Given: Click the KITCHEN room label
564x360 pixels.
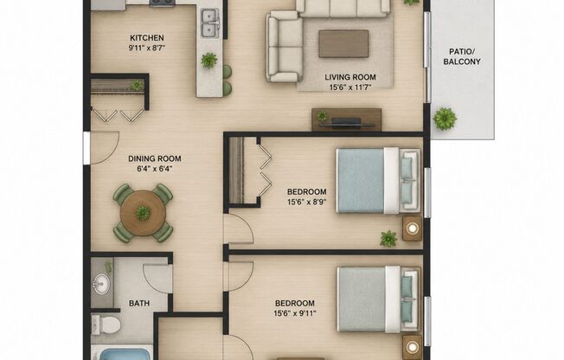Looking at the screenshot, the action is tap(147, 38).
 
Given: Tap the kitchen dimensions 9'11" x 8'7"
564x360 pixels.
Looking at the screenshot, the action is tap(147, 48).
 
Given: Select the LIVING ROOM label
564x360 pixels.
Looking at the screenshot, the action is tap(350, 77).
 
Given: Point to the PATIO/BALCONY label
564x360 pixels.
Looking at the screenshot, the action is tap(462, 56).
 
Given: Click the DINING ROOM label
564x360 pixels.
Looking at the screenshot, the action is tap(155, 158).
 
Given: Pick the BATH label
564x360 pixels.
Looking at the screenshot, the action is tap(139, 304).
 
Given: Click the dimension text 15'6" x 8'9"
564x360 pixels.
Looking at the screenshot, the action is tap(306, 202).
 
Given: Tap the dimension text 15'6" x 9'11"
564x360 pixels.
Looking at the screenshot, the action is tap(295, 313).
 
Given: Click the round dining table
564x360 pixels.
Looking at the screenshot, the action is tap(143, 213).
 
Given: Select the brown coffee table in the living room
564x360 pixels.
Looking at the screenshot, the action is tap(343, 43).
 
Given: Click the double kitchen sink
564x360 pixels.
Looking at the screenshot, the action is tap(209, 23).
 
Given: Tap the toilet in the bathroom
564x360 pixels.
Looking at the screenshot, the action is tap(106, 325).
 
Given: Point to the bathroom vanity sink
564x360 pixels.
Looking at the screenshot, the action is tap(101, 284).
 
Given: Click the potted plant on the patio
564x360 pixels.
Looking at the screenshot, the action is tap(445, 118).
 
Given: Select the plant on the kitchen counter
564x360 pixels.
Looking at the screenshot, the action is tap(209, 61).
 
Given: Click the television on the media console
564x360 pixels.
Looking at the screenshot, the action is tap(346, 123).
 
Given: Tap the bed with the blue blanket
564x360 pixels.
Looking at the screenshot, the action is tap(378, 180).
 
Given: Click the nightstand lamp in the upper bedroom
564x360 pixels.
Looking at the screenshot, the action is tap(413, 228).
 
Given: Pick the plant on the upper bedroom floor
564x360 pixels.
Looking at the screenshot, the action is tap(388, 239).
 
